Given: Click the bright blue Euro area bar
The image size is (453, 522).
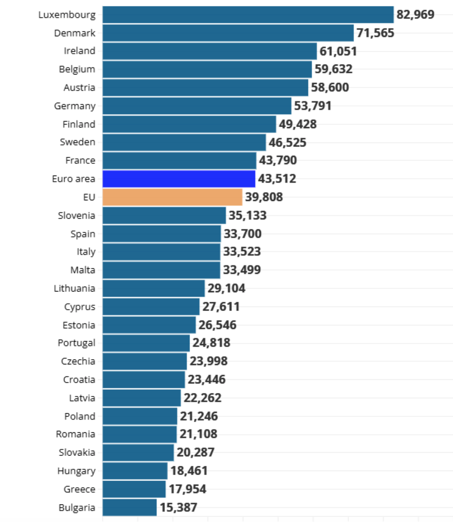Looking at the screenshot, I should (x=179, y=179).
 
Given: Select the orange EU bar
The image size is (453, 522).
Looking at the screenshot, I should (x=172, y=197).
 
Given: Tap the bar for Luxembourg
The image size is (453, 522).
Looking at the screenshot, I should (x=248, y=14).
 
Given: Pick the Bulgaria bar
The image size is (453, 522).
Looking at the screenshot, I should (x=130, y=507).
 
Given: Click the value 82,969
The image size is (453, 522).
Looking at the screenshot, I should (x=415, y=14).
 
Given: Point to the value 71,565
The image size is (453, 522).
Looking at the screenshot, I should (x=375, y=33).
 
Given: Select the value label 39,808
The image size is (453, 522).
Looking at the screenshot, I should (x=264, y=197).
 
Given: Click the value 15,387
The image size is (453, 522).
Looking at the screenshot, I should (x=178, y=507).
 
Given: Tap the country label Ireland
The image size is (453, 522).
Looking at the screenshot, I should (x=79, y=51).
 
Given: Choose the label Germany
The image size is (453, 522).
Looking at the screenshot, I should (x=74, y=106).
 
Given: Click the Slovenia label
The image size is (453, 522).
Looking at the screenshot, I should (x=76, y=215).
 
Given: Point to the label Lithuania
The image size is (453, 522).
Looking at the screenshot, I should (x=74, y=288).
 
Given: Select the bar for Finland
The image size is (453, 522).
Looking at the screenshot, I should (x=189, y=124).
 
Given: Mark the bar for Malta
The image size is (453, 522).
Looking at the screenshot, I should (x=161, y=270).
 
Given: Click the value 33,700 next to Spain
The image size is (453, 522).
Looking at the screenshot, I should (x=242, y=234).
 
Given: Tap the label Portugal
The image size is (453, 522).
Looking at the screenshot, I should (x=76, y=343).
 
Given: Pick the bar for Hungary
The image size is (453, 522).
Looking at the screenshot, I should (x=135, y=471).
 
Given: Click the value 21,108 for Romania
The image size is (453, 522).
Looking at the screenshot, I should (x=198, y=434).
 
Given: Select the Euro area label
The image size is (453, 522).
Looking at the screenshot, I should (x=73, y=179).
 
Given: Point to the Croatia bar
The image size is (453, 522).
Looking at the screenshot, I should (x=144, y=379).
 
